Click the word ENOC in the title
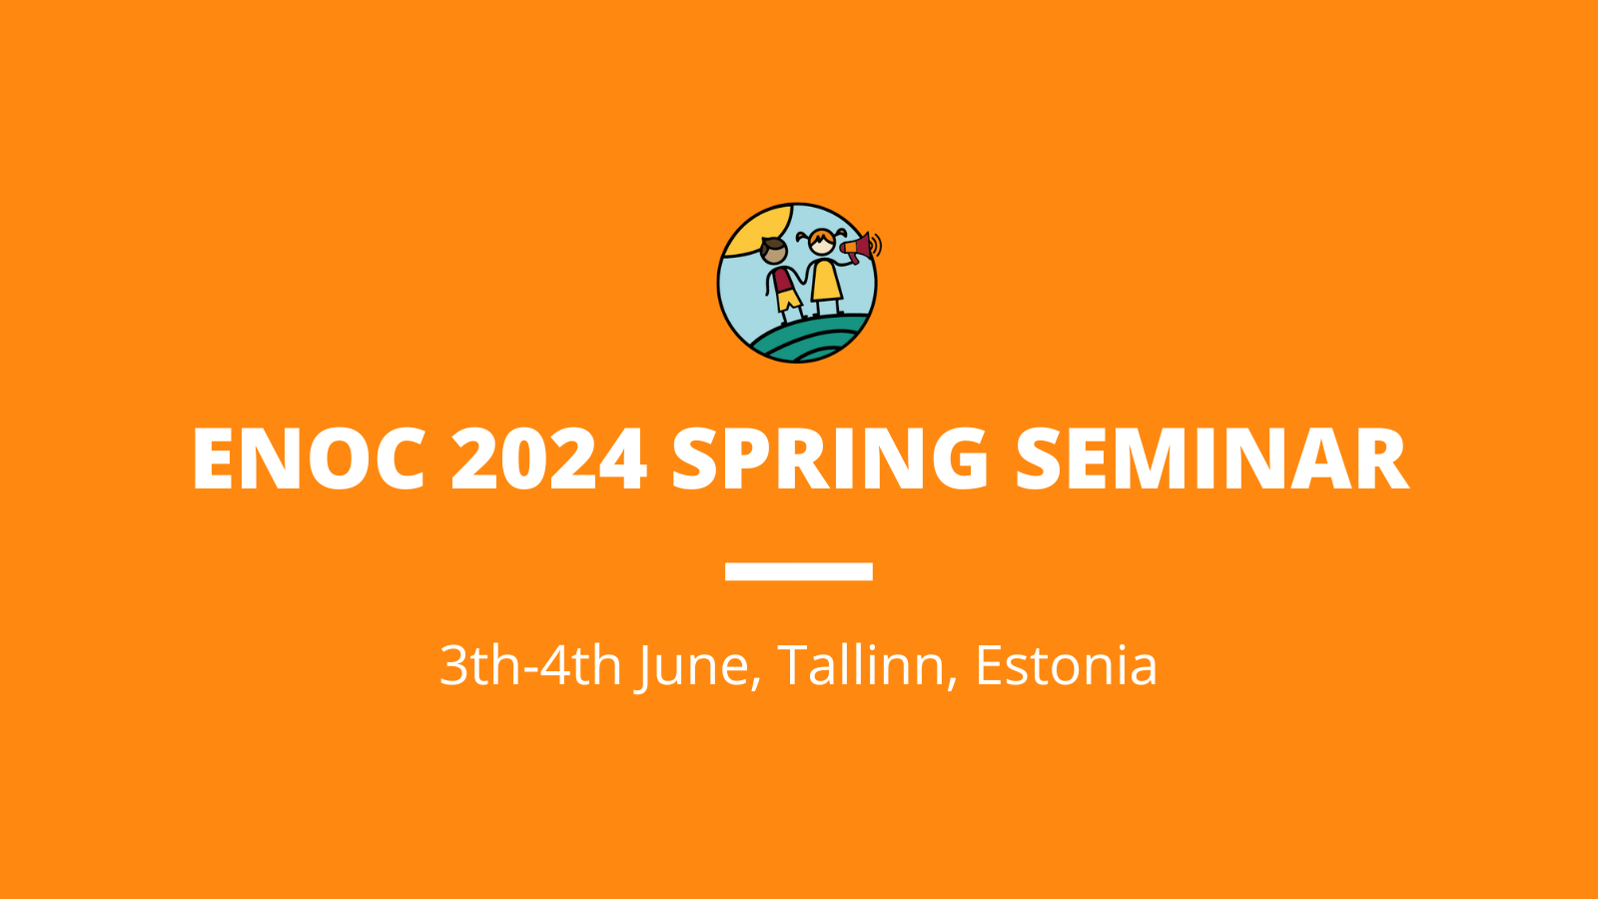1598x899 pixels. click(x=309, y=458)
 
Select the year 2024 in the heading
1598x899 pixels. click(x=549, y=458)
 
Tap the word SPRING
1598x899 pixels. click(x=830, y=458)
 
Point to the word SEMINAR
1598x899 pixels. click(x=1212, y=458)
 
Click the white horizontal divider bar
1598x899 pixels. click(x=799, y=571)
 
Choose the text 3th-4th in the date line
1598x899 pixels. click(x=530, y=665)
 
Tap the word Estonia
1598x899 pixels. click(x=1066, y=665)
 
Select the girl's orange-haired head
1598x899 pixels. click(x=822, y=242)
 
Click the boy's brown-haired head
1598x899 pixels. click(x=773, y=251)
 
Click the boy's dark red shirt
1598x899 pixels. click(x=783, y=279)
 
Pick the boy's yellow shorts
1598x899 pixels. click(x=789, y=301)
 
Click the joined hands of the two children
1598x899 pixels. click(x=803, y=281)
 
